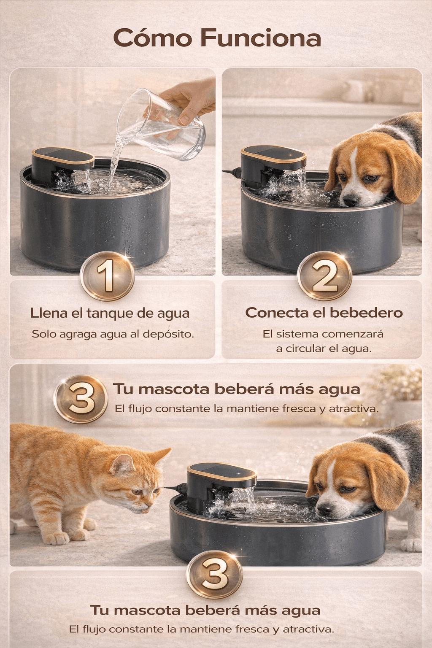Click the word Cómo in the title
coord(152,38)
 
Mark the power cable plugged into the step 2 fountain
coord(232,173)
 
